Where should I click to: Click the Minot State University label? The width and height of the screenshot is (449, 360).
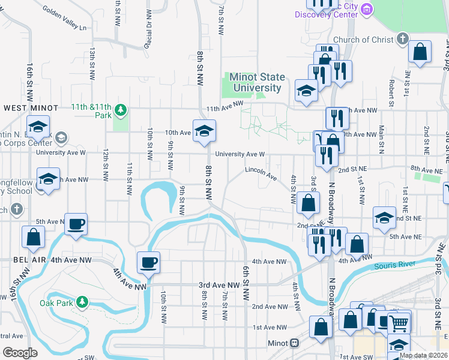258,83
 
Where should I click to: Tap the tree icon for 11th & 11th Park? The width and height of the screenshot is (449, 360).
121,109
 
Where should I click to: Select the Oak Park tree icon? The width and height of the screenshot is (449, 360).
82,302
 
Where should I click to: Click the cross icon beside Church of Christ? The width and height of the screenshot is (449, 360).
402,40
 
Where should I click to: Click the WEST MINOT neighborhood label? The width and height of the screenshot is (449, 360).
31,108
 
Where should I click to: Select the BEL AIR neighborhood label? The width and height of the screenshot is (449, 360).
23,260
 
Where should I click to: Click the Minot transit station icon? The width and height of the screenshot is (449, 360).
294,343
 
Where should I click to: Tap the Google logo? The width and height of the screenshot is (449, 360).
20,353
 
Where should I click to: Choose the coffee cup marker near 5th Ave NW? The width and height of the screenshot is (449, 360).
76,224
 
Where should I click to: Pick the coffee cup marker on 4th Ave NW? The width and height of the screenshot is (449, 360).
148,262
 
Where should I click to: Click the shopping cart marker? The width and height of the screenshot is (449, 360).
399,323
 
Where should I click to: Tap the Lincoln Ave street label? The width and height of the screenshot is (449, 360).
261,174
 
